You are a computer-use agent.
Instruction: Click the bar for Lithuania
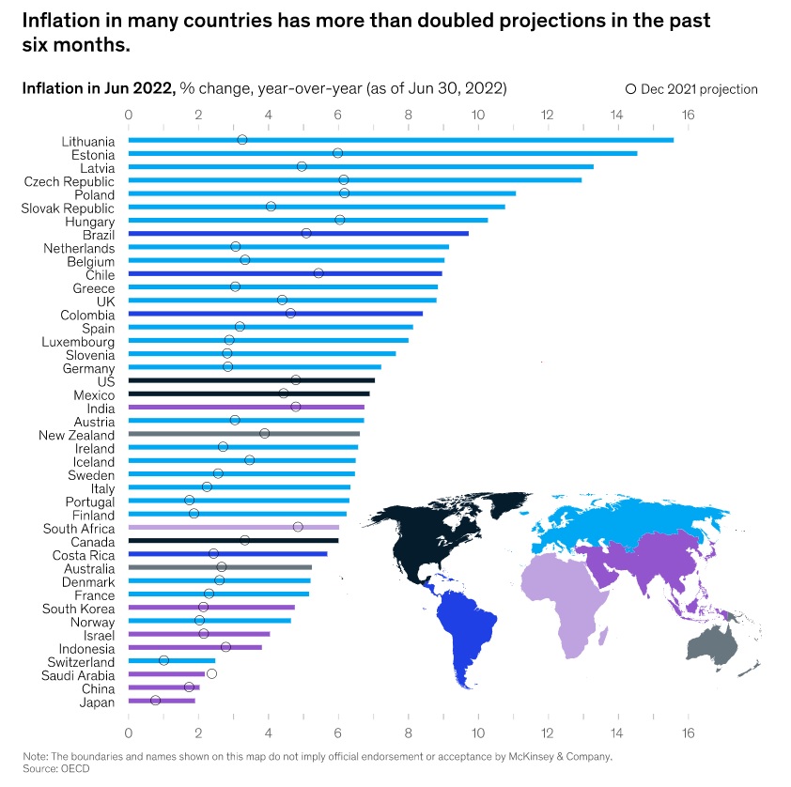coord(399,140)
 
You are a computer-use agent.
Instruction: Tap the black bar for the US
coord(251,380)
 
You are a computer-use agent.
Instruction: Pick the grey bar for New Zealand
coord(243,434)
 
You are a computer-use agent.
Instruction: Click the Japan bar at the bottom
coord(162,701)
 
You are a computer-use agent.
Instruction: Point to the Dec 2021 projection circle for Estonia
coord(337,153)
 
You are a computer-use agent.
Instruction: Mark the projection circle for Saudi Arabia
coord(211,673)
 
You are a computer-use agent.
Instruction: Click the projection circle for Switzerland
coord(163,660)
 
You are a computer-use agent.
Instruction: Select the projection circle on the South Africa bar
coord(298,527)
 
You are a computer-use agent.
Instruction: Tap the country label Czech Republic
coord(70,180)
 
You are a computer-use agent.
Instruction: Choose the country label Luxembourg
coord(78,341)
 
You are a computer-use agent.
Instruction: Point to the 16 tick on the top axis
coord(688,114)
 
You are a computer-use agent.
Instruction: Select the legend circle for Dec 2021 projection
coord(631,89)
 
